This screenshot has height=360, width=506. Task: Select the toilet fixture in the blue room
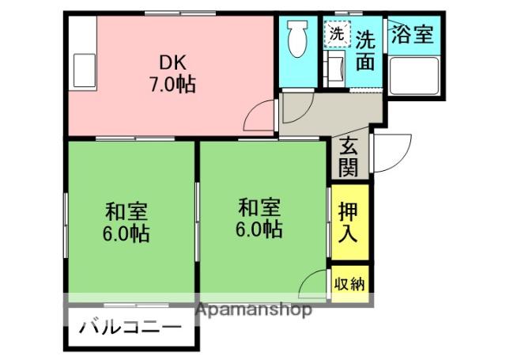pos(298,39)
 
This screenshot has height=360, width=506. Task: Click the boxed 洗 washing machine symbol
pos(337,34)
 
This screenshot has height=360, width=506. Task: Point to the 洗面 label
pos(365,50)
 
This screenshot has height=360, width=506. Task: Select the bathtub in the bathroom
pos(414,77)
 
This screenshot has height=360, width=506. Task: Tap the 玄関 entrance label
pos(349,157)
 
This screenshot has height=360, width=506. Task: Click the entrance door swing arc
pos(393,153)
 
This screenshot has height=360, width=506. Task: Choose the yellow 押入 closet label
pos(349,222)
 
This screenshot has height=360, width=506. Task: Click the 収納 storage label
pos(349,283)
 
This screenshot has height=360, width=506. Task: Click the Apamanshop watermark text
pos(253,309)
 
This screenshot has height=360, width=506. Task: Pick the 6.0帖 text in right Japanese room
pos(259,229)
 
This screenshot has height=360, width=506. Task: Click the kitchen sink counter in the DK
pos(81,69)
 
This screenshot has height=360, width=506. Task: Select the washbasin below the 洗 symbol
pos(335,70)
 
